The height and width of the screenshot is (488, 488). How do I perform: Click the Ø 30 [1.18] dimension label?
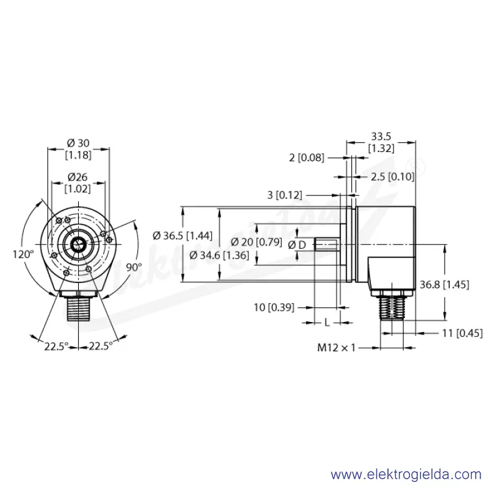(x=79, y=149)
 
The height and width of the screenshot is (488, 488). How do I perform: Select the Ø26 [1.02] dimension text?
(x=77, y=182)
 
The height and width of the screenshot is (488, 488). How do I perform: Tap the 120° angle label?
(x=23, y=254)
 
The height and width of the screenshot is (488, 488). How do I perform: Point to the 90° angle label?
(x=134, y=267)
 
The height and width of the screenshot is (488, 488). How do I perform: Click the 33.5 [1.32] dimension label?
(x=381, y=142)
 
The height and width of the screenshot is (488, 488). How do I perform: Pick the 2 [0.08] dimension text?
(x=307, y=157)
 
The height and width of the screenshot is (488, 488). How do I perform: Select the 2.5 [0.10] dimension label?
(x=392, y=177)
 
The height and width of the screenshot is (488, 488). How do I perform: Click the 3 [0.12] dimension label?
(x=285, y=195)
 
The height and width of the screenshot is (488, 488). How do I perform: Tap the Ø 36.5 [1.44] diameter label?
(x=182, y=235)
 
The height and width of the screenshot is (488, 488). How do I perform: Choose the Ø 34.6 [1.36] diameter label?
(x=220, y=255)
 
